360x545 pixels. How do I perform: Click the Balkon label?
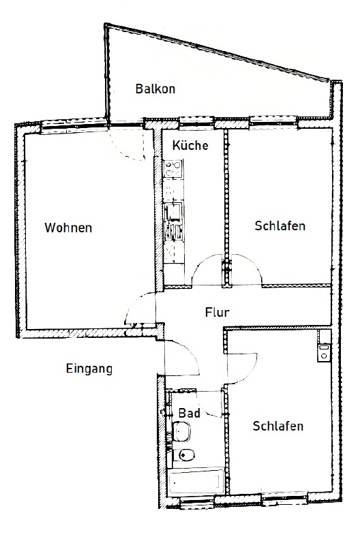coord(155,89)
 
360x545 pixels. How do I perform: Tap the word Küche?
coord(190,146)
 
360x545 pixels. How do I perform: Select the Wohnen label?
coord(68,228)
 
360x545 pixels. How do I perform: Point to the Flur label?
coord(217,313)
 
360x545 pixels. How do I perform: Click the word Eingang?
coord(89,369)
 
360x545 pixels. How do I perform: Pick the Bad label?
coord(189,413)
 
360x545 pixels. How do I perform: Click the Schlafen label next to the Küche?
coord(280,226)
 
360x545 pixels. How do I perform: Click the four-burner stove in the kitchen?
coord(173,167)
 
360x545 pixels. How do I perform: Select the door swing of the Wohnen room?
coord(140,312)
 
